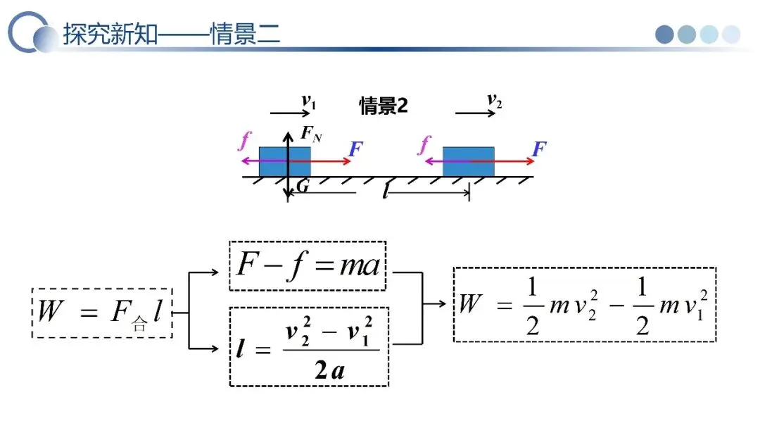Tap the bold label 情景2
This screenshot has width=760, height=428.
click(384, 106)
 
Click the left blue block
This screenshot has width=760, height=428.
click(284, 161)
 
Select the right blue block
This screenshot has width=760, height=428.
click(468, 161)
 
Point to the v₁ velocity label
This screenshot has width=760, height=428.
click(308, 102)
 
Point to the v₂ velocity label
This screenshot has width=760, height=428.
click(495, 102)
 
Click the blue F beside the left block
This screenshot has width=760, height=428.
click(356, 149)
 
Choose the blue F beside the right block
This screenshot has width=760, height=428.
click(540, 149)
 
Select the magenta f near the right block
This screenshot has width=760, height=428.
click(424, 146)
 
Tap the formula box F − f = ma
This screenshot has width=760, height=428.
click(308, 265)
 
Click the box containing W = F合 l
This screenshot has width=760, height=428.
click(101, 313)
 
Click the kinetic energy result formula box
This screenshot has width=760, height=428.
click(584, 304)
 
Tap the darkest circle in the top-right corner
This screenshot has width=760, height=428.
click(665, 34)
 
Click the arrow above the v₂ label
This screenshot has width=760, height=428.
click(476, 113)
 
